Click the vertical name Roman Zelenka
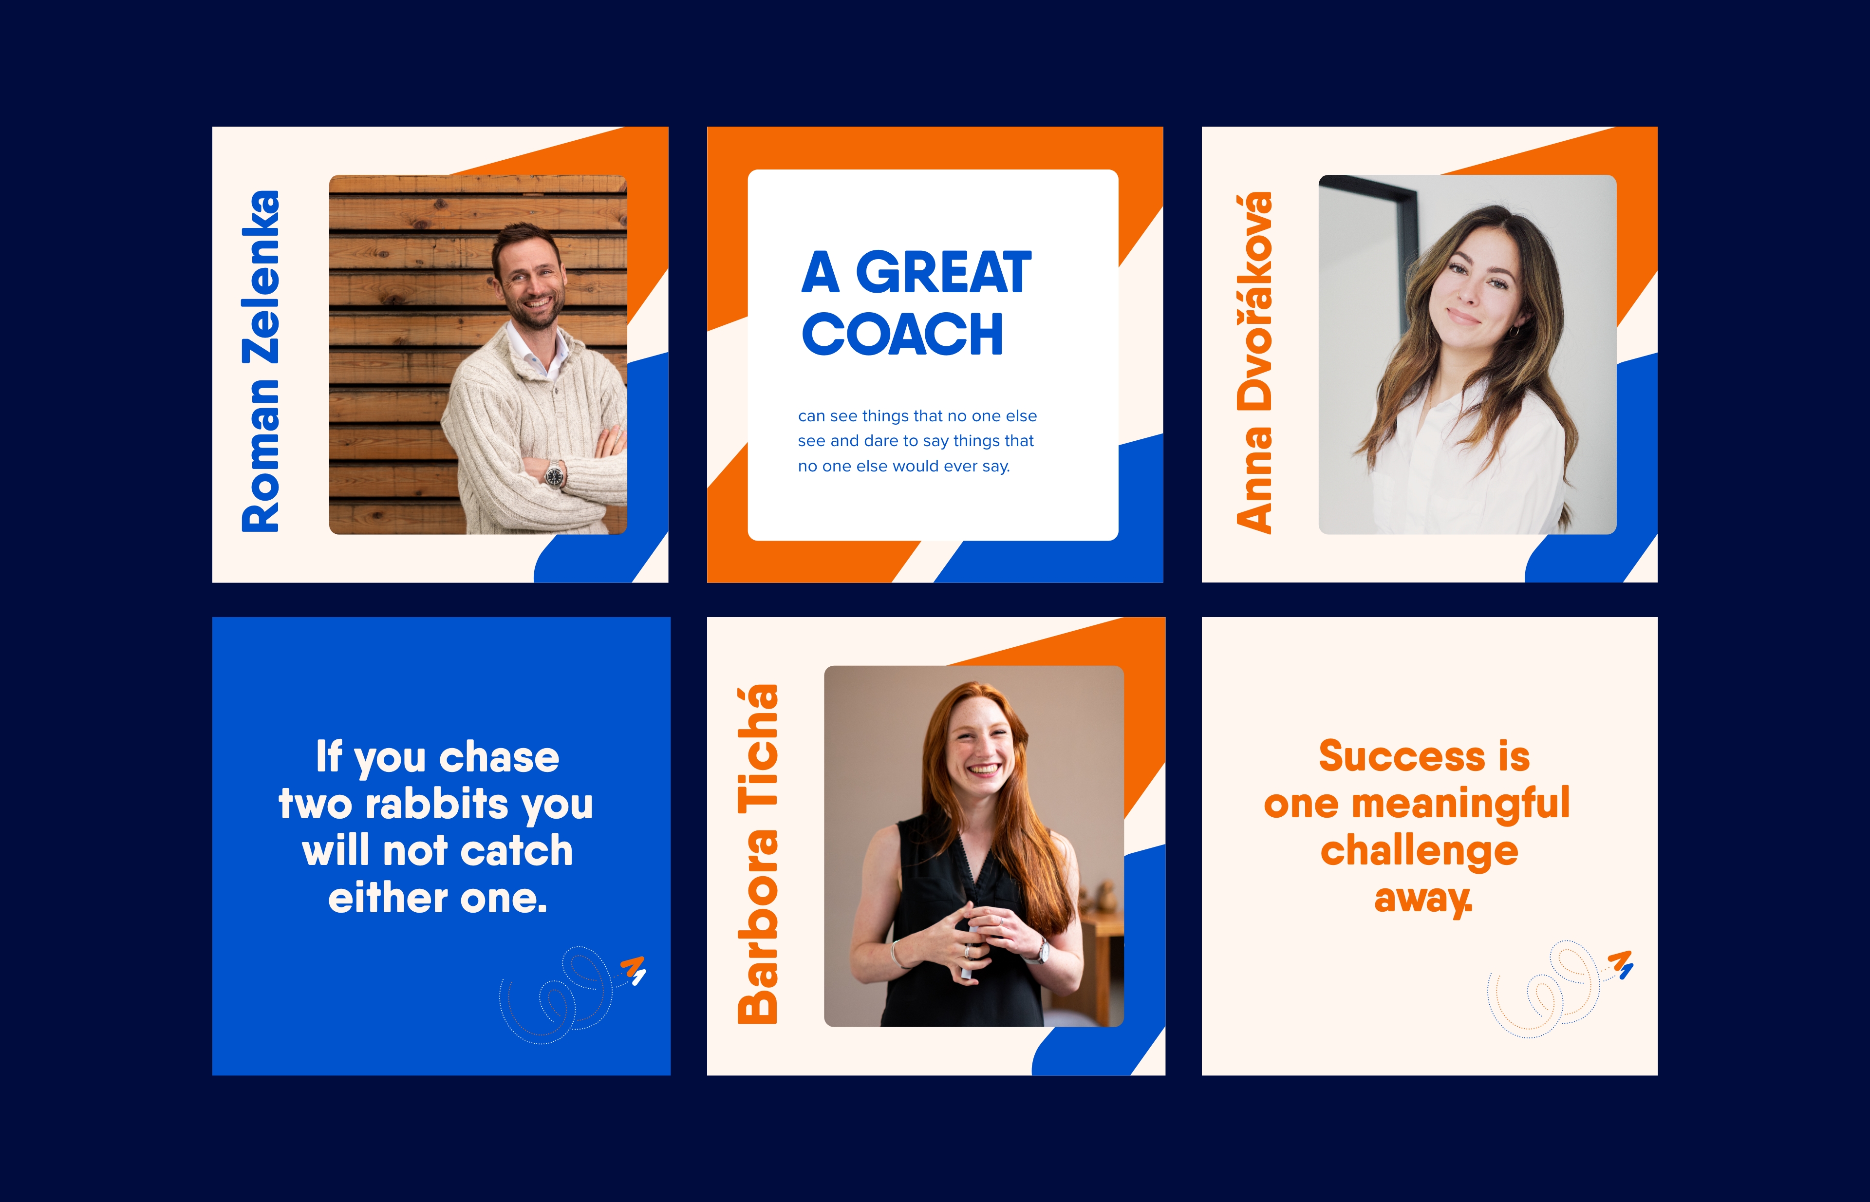tap(261, 361)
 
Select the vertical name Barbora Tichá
tap(758, 854)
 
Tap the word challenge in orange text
tap(1419, 851)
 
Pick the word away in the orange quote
tap(1423, 899)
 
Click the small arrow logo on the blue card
tap(633, 969)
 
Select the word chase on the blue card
tap(500, 757)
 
